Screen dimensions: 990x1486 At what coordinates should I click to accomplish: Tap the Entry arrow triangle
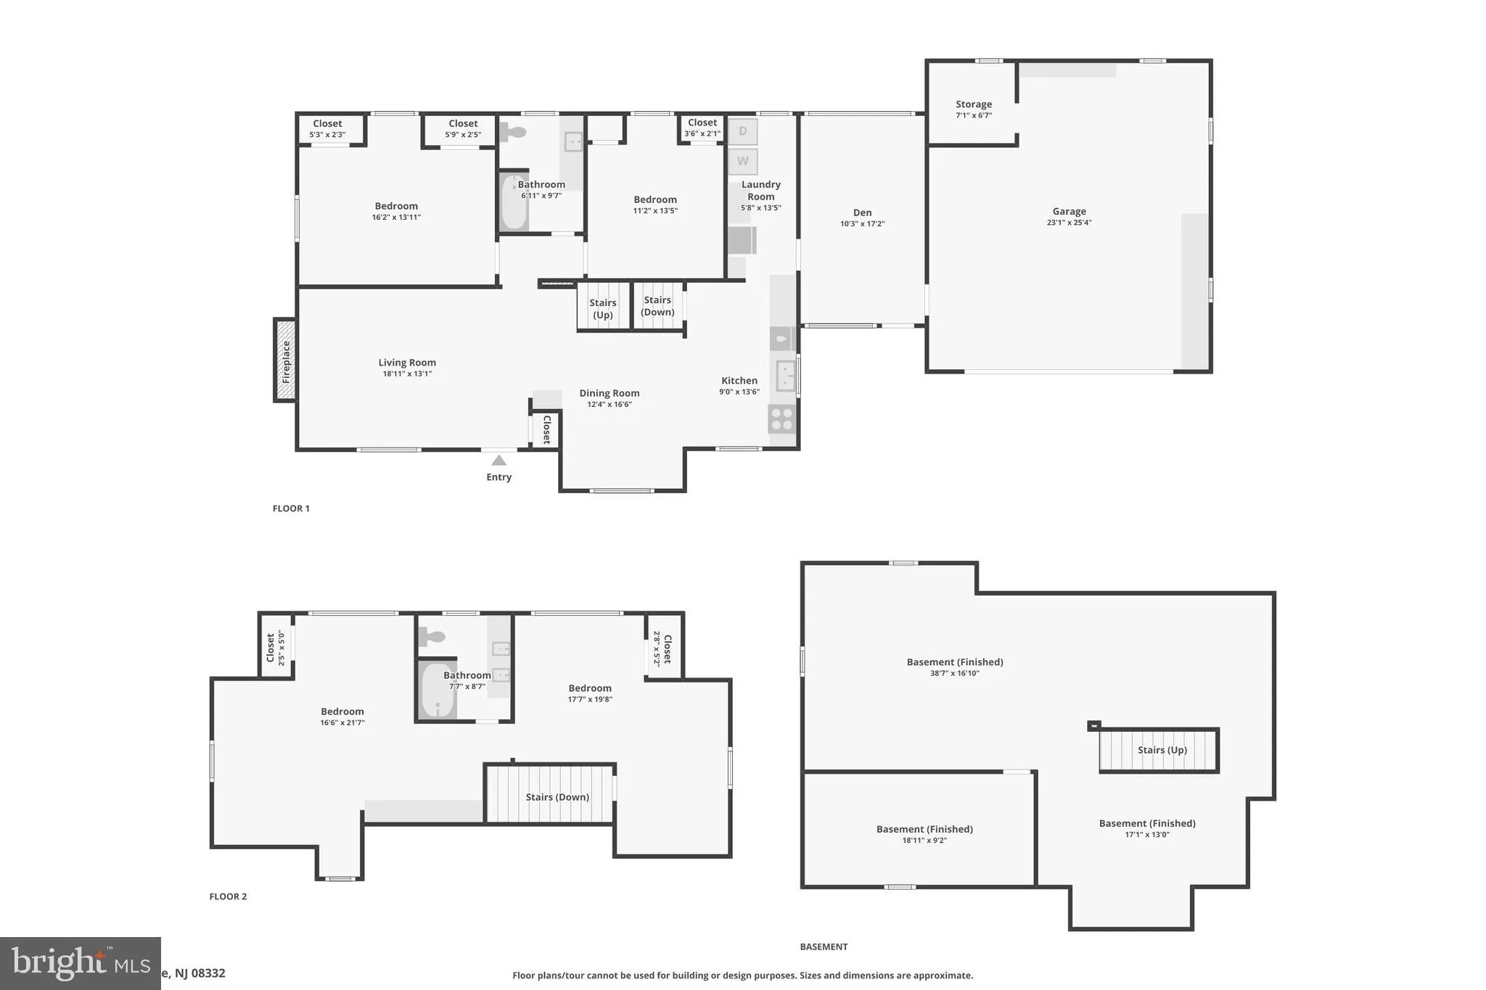click(498, 461)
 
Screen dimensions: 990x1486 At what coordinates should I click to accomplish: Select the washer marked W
click(742, 161)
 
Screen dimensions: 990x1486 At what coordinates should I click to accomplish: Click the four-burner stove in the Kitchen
click(781, 418)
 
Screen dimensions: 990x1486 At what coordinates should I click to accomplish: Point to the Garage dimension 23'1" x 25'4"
click(1069, 223)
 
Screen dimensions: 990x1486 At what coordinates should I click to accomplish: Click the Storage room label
click(973, 104)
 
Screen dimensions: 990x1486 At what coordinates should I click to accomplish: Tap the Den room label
click(862, 213)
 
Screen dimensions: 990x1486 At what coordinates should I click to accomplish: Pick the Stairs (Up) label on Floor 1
click(602, 309)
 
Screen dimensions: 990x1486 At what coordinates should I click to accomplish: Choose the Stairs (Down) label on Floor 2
click(557, 797)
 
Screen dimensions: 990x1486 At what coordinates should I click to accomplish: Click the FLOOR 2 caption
click(228, 896)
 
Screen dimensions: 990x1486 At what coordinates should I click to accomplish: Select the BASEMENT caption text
click(824, 946)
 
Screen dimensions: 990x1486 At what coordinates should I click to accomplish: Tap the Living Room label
click(407, 363)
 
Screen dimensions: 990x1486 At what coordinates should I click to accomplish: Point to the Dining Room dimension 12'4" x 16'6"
click(609, 405)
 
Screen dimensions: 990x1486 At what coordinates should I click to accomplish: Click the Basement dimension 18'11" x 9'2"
click(924, 841)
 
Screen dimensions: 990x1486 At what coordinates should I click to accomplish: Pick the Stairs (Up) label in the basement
click(1162, 750)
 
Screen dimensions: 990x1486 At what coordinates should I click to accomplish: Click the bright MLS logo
click(80, 962)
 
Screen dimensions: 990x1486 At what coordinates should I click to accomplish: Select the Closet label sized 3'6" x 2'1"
click(702, 133)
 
